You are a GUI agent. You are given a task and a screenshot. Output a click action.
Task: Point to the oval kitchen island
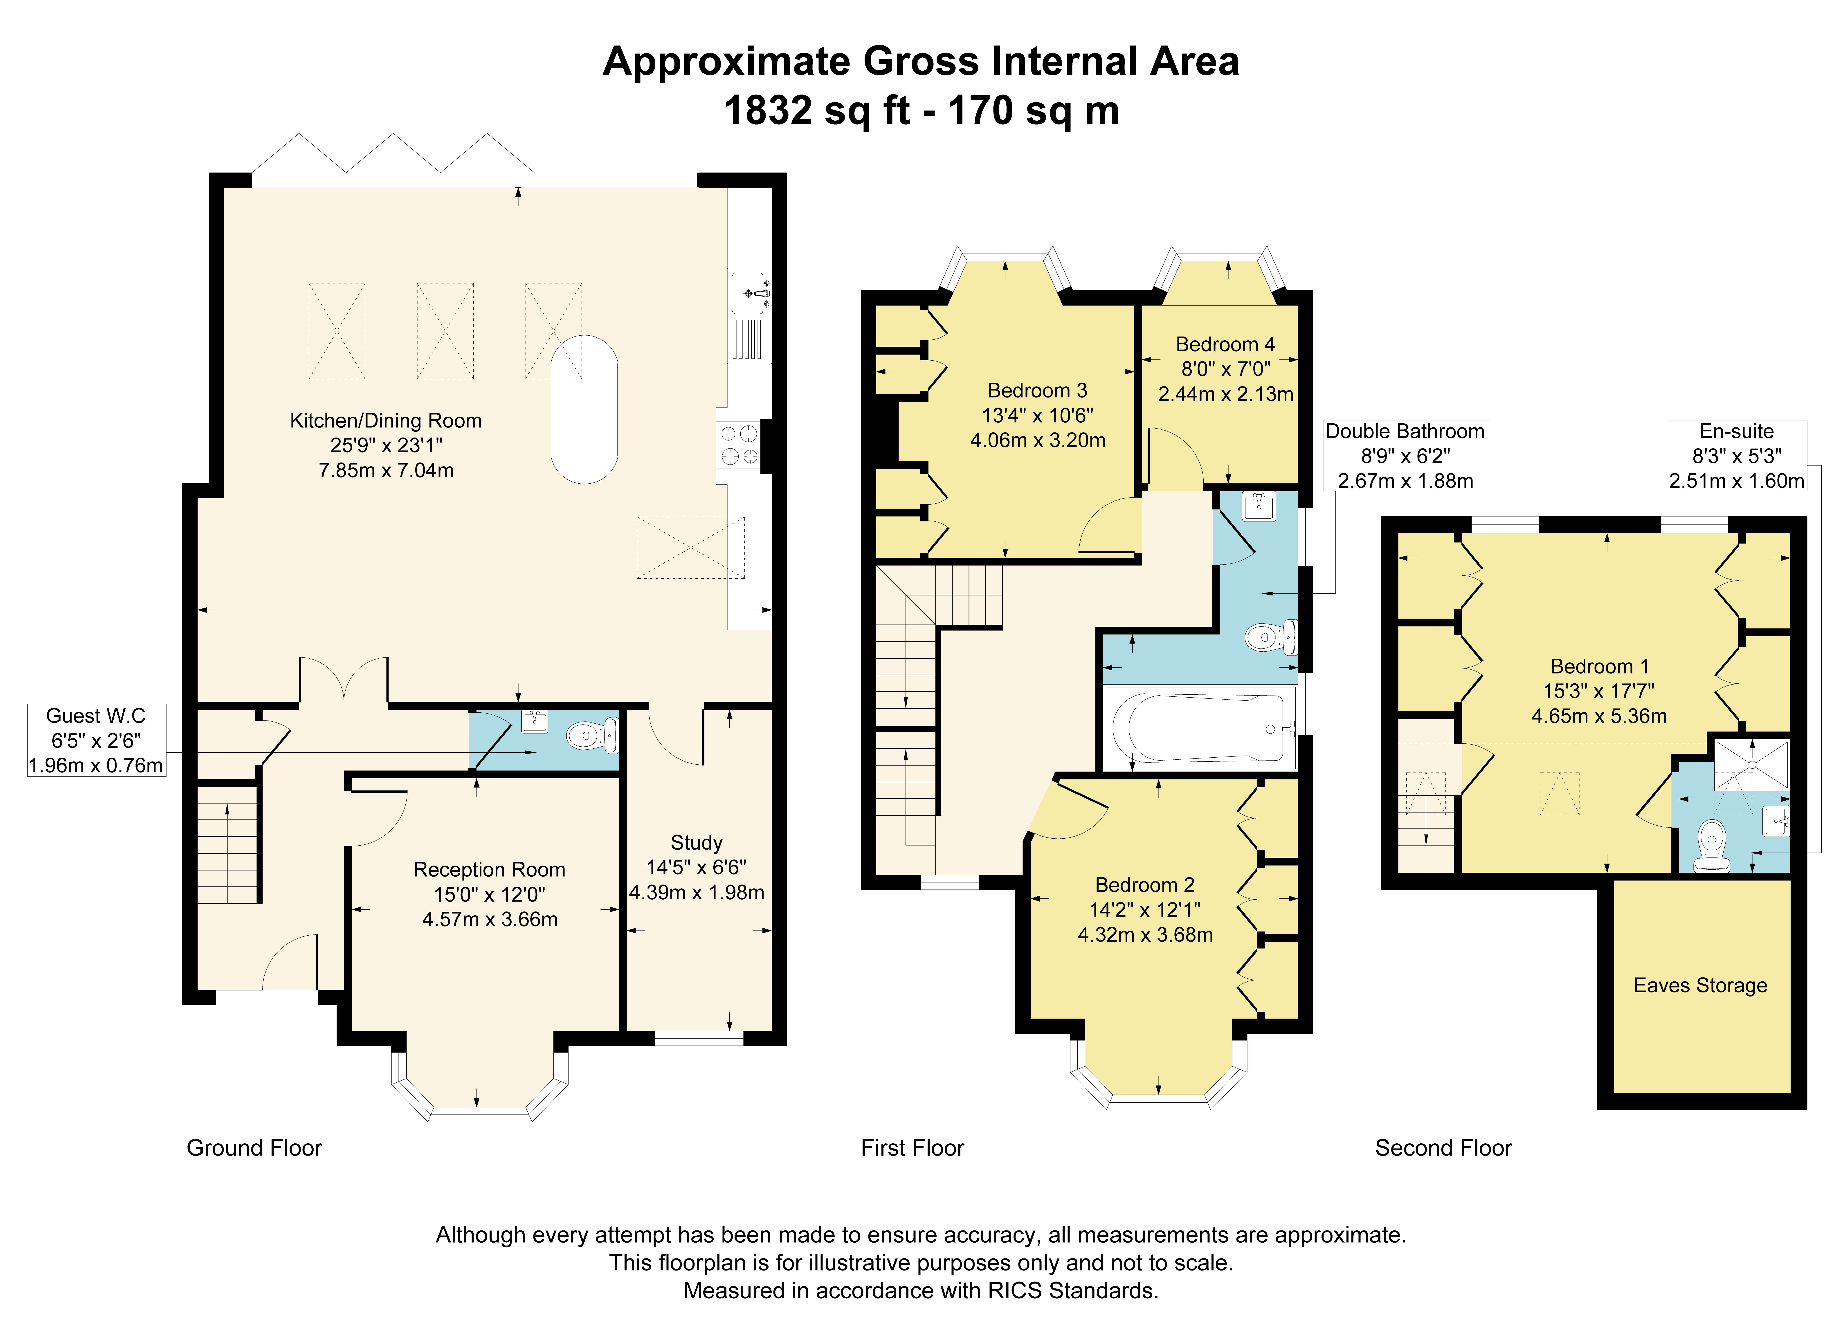click(x=584, y=410)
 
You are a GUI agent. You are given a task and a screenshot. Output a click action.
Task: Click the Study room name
click(x=696, y=843)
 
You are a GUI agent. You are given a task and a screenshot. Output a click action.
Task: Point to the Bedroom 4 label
click(x=1225, y=345)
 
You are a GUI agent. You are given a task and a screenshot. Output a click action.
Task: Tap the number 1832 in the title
click(x=767, y=110)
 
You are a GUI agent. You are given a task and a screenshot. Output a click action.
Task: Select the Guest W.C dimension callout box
click(x=97, y=740)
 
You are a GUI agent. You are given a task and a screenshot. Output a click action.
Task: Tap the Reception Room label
click(x=489, y=869)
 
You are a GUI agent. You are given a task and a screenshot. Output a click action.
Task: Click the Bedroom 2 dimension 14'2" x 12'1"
click(x=1145, y=910)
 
